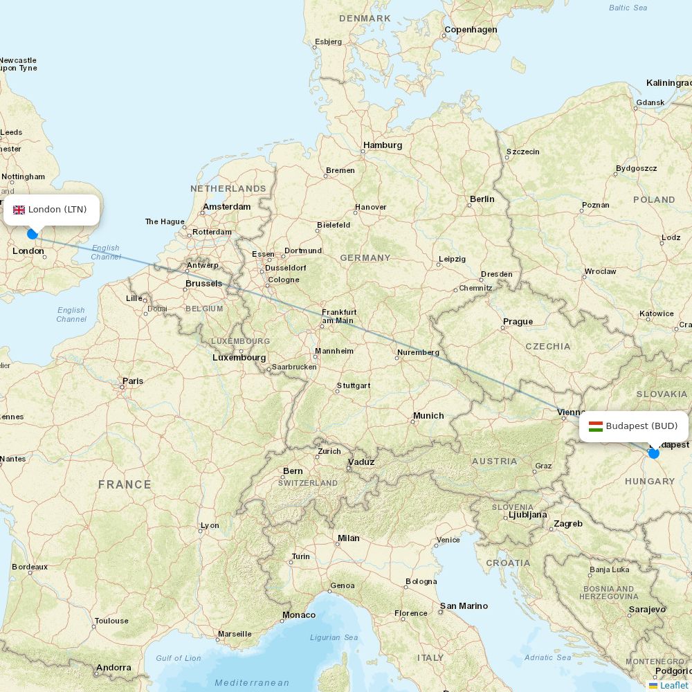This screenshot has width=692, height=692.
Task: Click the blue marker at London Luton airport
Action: [32, 234]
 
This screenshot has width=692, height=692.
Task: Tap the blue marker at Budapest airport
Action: [654, 453]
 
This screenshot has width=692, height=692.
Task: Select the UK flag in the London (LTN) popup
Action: [19, 210]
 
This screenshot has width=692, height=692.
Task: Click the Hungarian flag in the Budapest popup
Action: [595, 426]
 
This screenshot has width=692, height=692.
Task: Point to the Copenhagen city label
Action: [471, 30]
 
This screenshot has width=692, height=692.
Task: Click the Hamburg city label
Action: [383, 145]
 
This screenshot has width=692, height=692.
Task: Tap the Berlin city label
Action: [482, 199]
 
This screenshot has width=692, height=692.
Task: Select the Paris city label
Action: [133, 381]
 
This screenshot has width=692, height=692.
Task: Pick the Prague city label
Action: [518, 322]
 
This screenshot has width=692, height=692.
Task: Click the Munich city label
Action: [428, 416]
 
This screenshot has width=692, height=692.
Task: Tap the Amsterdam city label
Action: [226, 207]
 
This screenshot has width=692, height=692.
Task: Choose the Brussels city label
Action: [203, 284]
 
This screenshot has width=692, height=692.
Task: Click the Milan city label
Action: [348, 538]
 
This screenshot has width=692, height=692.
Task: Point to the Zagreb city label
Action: [568, 524]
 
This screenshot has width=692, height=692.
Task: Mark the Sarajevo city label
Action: [647, 610]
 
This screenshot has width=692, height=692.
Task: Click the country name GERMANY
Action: [365, 258]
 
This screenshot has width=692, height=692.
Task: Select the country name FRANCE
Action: [125, 484]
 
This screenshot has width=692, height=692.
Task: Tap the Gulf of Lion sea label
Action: [179, 658]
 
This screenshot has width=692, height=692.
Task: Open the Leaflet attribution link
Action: [673, 685]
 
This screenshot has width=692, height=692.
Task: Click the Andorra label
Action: [113, 668]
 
